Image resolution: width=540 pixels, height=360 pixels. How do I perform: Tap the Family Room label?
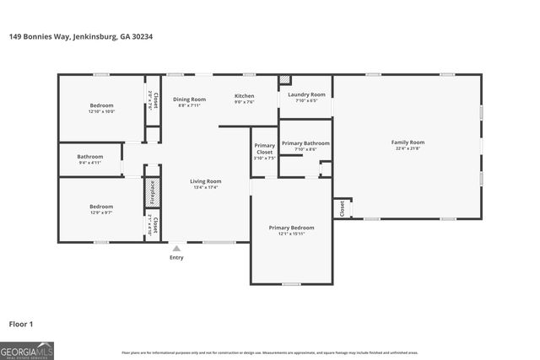(408, 142)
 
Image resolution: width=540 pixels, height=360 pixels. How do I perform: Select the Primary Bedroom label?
(291, 228)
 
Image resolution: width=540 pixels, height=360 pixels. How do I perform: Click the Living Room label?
(205, 181)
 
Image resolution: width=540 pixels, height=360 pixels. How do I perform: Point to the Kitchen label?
(244, 96)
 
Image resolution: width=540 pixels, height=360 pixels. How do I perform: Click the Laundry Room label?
(306, 94)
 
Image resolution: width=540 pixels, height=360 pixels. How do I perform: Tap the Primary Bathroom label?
(305, 143)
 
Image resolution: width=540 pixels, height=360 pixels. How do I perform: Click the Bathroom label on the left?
(89, 157)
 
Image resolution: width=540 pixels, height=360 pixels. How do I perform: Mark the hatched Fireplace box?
(153, 192)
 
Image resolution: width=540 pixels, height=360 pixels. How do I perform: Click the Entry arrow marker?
(176, 248)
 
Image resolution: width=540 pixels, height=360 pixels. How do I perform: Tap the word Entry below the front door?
(176, 257)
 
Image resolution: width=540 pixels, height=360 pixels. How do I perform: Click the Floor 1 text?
(21, 323)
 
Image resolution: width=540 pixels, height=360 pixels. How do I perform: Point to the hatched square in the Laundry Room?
(284, 81)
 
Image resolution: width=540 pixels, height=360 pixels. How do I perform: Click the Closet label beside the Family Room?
(342, 208)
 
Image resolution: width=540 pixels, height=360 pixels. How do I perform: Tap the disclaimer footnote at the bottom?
(270, 352)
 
